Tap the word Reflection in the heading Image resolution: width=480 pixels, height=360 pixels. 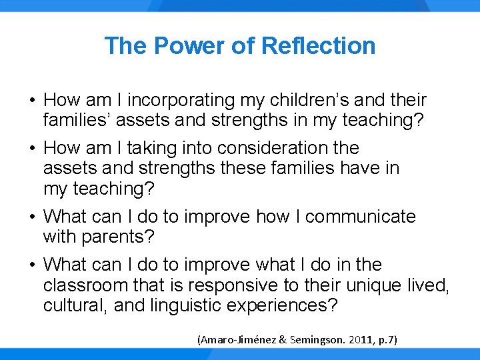(x=319, y=46)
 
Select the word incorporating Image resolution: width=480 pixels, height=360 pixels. (x=181, y=101)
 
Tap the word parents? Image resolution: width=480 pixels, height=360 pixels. (x=123, y=237)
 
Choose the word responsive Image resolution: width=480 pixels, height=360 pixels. (x=237, y=286)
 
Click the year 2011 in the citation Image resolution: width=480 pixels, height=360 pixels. (x=359, y=340)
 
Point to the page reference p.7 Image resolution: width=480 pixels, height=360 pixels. (x=386, y=340)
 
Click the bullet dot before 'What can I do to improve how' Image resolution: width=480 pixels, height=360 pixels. (x=32, y=217)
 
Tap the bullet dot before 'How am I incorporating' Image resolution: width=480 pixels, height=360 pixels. (x=32, y=101)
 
